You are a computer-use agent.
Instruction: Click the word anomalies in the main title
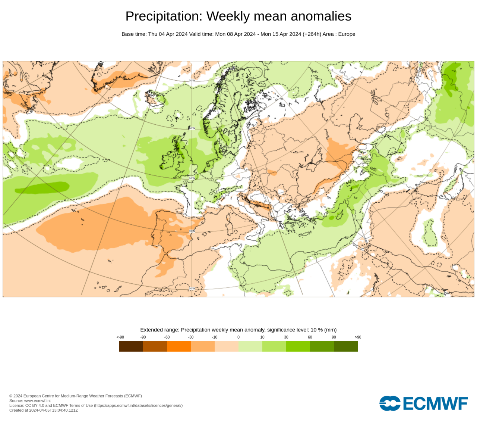click(321, 16)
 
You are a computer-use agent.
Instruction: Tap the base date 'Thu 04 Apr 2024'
click(168, 34)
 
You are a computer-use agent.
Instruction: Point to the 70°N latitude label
click(192, 81)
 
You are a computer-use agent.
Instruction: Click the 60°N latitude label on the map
click(192, 128)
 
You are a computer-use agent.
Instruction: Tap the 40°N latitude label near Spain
click(192, 231)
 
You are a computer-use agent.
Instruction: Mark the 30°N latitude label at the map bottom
click(192, 289)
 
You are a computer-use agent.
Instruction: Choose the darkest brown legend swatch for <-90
click(131, 346)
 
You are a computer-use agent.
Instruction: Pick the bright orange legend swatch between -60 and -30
click(179, 346)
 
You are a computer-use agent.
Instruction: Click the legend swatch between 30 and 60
click(298, 346)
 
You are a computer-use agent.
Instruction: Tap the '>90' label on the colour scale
click(358, 337)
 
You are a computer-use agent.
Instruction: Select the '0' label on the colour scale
click(238, 337)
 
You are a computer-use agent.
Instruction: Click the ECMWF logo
click(423, 403)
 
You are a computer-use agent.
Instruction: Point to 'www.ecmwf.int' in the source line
click(37, 401)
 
